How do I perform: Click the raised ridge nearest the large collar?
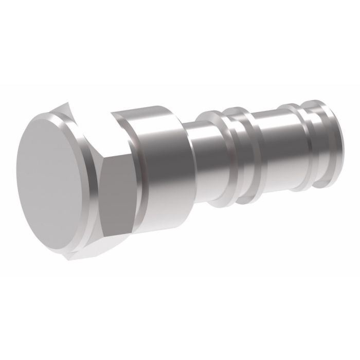tap(217, 154)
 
